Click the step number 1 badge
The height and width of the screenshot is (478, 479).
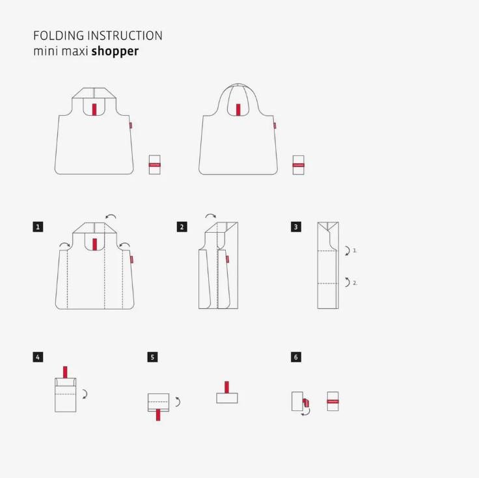click(x=38, y=227)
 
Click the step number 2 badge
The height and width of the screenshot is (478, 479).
click(x=182, y=227)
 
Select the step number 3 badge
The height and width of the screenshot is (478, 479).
click(x=296, y=227)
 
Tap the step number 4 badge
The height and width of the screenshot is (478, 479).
click(x=38, y=357)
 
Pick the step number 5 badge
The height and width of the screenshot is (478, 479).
click(x=153, y=357)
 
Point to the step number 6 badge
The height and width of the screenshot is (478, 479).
click(x=296, y=357)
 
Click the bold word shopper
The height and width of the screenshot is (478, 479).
click(x=115, y=51)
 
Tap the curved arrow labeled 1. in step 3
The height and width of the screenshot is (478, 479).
click(x=347, y=250)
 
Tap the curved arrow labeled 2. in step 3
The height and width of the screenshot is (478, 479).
click(x=347, y=282)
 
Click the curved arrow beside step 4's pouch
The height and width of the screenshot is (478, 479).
click(x=85, y=393)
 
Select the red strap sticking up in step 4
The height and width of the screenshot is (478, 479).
click(x=65, y=371)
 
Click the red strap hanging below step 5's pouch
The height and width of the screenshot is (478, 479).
click(x=158, y=415)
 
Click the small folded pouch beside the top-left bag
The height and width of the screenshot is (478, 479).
click(x=154, y=165)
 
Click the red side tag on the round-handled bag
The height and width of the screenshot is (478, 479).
click(x=275, y=126)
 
